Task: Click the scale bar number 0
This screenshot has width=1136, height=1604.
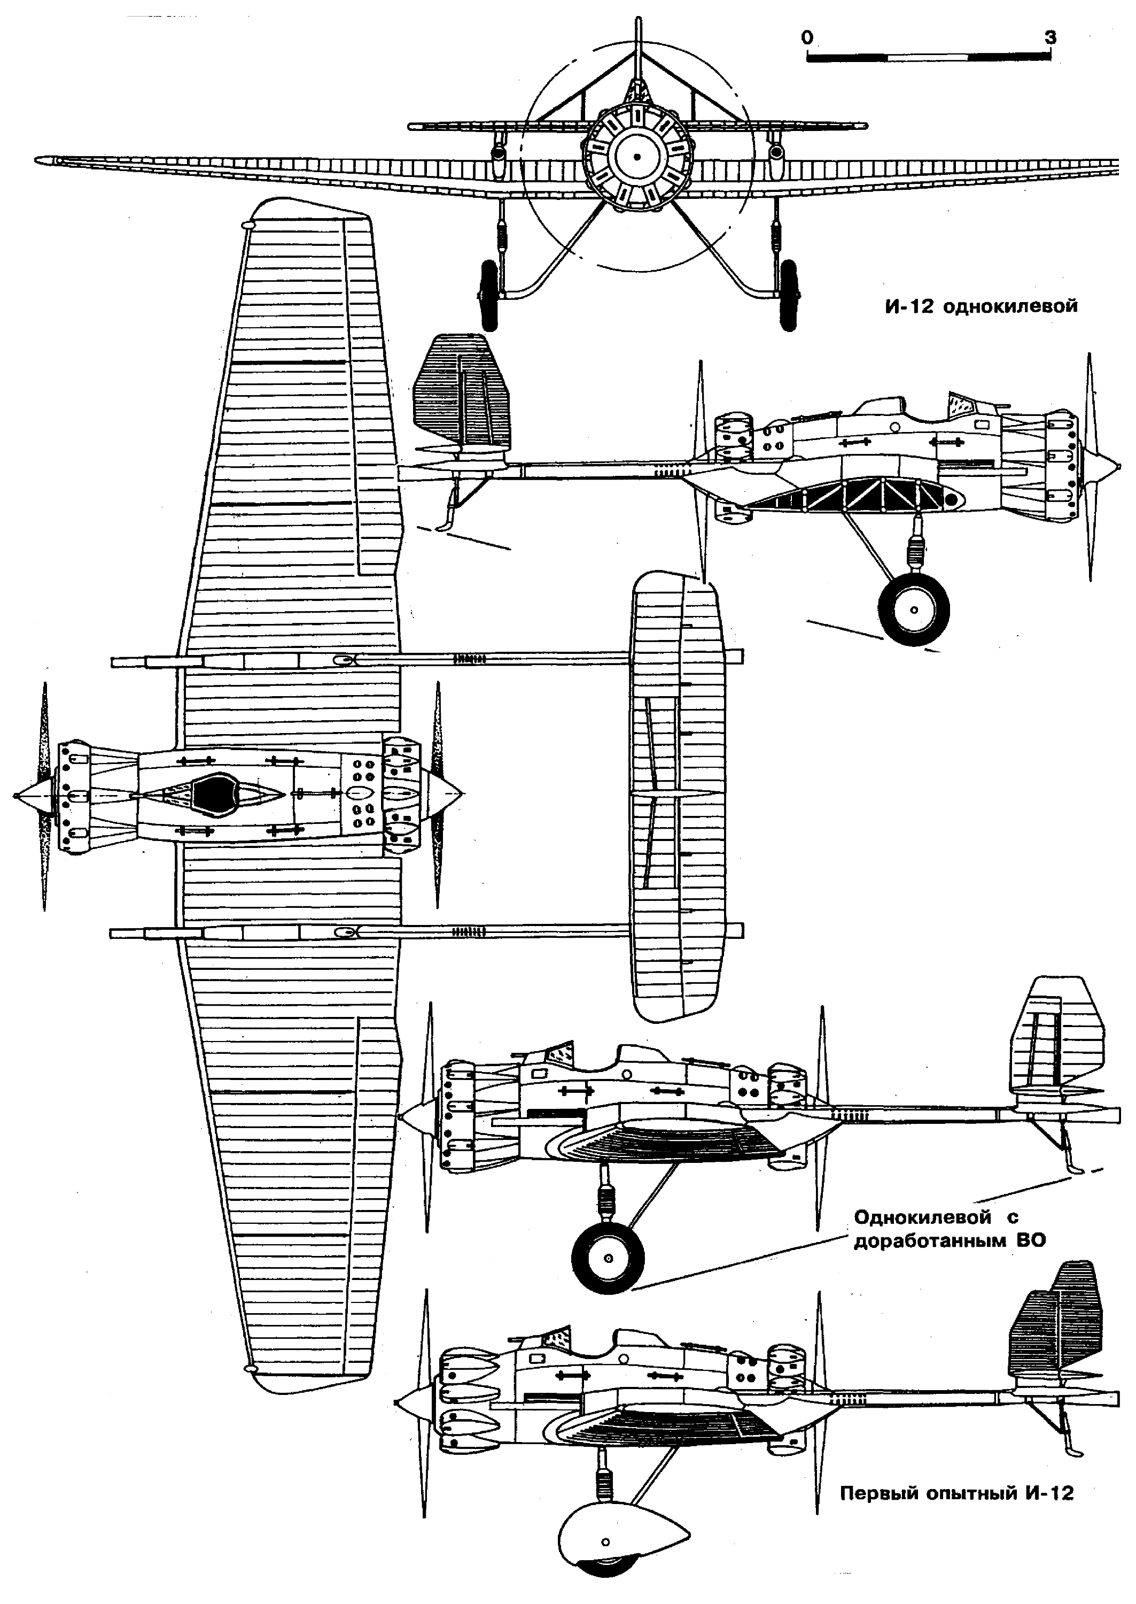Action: pyautogui.click(x=808, y=37)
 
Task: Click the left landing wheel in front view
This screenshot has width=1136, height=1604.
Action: pyautogui.click(x=489, y=295)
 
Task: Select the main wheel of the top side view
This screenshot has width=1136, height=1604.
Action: pyautogui.click(x=914, y=609)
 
